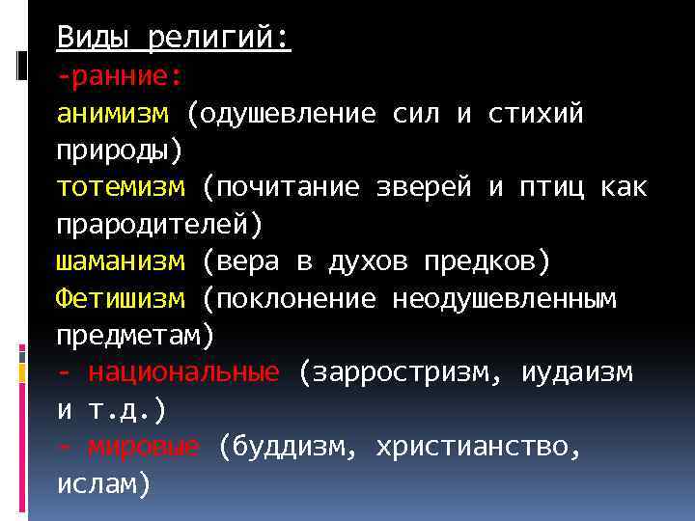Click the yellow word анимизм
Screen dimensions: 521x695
(x=112, y=115)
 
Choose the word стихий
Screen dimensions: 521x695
(x=536, y=115)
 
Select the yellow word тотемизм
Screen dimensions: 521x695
(x=120, y=188)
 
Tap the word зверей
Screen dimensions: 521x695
(x=424, y=188)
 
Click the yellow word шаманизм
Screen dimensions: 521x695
(x=120, y=262)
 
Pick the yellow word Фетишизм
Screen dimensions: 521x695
(x=120, y=300)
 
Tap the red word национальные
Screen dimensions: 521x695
(x=183, y=373)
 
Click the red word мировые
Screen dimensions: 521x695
(x=144, y=448)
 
